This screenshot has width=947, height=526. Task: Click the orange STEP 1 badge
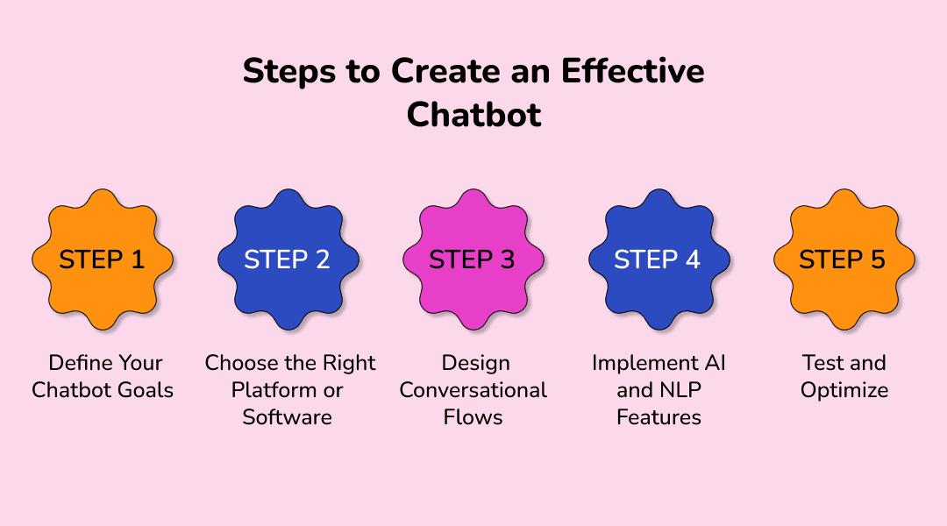[x=103, y=259]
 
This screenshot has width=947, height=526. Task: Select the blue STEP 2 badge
[x=288, y=259]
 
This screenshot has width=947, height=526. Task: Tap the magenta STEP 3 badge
[x=473, y=259]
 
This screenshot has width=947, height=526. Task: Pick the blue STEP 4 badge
[x=658, y=259]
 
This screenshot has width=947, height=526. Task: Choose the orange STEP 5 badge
[x=843, y=259]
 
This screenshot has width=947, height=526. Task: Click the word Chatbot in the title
[x=473, y=115]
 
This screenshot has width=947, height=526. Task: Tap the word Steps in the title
[x=288, y=72]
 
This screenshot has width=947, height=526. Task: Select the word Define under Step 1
[x=80, y=363]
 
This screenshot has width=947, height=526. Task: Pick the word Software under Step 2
[x=288, y=417]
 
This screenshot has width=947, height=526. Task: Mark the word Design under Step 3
[x=473, y=363]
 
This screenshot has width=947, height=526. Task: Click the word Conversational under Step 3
[x=473, y=390]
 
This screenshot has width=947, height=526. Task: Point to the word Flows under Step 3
[x=473, y=417]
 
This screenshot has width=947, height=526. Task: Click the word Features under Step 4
[x=659, y=417]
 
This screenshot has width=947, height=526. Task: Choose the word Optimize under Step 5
[x=844, y=390]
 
